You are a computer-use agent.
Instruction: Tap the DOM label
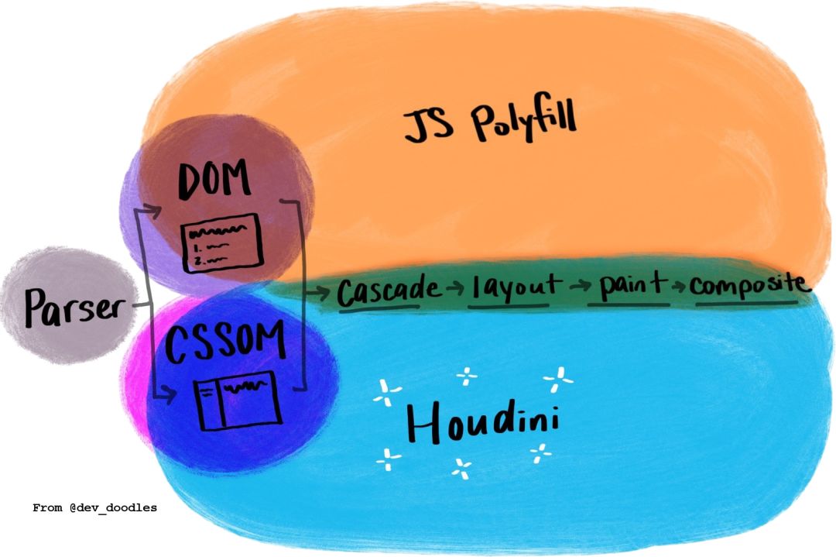tap(215, 183)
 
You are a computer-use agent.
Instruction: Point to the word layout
tap(512, 287)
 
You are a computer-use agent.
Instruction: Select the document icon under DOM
tap(221, 242)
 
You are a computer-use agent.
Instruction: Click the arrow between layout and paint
tap(577, 287)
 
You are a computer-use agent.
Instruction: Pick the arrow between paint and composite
tap(679, 287)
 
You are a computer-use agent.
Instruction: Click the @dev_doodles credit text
tap(94, 508)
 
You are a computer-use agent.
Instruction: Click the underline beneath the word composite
tap(747, 303)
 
